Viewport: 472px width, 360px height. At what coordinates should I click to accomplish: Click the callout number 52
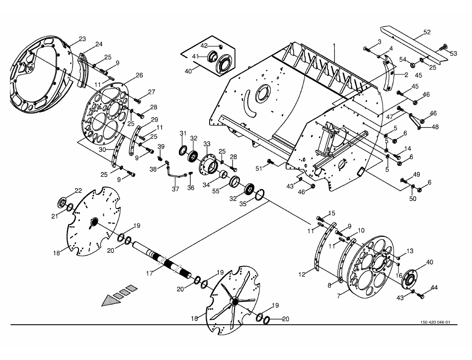click(427, 32)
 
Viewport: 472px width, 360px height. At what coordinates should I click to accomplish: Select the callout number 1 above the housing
click(334, 46)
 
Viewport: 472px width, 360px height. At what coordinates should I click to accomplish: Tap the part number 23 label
click(82, 39)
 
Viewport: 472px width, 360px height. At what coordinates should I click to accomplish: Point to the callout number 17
click(150, 274)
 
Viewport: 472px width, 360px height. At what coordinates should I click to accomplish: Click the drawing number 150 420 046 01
click(435, 322)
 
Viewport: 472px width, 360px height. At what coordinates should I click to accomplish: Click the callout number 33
click(207, 144)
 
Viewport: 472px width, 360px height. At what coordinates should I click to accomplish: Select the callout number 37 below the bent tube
click(175, 189)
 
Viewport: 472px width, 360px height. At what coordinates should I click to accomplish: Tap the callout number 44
click(434, 288)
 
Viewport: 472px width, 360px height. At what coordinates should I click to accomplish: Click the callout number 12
click(302, 274)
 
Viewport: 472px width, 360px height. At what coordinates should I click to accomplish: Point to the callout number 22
click(79, 191)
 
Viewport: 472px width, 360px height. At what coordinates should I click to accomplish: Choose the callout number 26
click(139, 75)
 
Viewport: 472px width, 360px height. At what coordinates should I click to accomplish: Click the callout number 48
click(435, 127)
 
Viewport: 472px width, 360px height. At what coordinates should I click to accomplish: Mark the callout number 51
click(259, 169)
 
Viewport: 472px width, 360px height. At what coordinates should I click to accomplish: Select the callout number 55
click(216, 192)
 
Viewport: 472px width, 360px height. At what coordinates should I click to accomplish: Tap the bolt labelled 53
click(444, 47)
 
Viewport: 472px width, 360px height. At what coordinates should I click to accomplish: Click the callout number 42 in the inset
click(204, 46)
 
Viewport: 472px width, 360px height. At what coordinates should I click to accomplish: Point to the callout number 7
click(339, 296)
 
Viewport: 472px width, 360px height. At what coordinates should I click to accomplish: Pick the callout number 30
click(102, 149)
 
